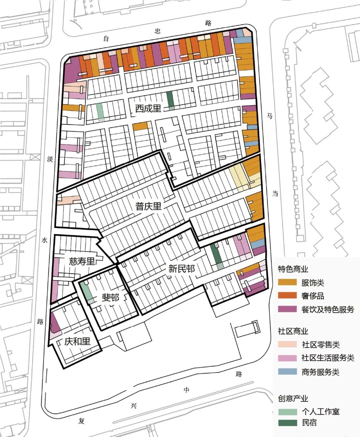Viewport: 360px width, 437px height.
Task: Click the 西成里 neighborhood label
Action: (148, 108)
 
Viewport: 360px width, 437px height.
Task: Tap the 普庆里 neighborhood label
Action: (148, 206)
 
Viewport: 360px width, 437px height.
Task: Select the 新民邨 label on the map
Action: (181, 268)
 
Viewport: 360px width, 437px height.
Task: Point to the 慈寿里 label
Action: (82, 261)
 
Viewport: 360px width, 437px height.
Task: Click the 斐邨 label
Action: (110, 297)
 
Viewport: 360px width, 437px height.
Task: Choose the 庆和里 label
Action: (77, 341)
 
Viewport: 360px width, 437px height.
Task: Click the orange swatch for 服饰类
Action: (287, 282)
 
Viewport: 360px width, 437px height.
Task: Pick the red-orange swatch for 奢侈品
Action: (287, 296)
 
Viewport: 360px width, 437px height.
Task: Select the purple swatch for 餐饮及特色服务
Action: (287, 309)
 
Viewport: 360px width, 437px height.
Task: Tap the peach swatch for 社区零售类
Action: (287, 344)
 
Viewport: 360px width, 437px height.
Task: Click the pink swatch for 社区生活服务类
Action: (287, 358)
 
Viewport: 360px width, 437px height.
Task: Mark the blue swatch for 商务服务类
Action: (287, 372)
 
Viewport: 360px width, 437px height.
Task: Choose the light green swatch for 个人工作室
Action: (287, 412)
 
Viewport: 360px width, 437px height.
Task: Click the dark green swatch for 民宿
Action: (287, 423)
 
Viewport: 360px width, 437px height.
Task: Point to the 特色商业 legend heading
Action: (293, 269)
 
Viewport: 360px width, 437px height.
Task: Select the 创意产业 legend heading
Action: (293, 398)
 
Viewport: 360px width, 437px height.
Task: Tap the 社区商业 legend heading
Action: (293, 331)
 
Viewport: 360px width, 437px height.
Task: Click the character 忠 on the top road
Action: (158, 31)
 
